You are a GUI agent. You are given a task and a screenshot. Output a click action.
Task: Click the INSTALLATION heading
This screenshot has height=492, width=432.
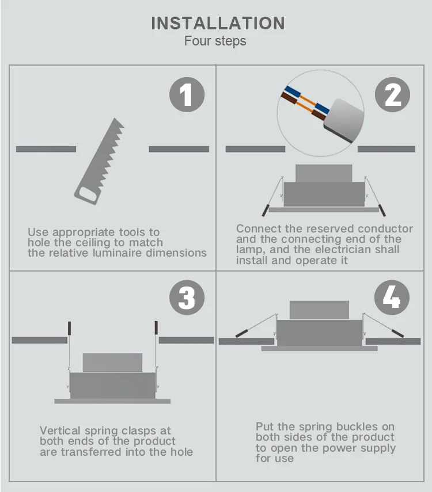click(218, 23)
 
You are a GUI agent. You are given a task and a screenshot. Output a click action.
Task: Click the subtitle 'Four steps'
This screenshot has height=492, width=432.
click(215, 41)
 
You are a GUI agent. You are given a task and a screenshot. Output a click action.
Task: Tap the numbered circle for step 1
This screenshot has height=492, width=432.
click(187, 94)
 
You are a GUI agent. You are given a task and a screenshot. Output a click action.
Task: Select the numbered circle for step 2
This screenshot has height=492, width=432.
click(392, 94)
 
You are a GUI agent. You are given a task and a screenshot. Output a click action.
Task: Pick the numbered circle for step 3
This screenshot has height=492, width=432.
click(187, 298)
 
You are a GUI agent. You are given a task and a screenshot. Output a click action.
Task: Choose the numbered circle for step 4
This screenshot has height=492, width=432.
click(392, 298)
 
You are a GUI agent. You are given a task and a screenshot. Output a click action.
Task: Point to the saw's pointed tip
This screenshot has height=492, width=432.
click(115, 119)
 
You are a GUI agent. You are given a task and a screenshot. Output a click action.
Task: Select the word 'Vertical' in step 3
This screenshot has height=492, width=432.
click(60, 430)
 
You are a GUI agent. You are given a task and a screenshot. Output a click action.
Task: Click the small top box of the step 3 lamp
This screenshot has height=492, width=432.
click(112, 363)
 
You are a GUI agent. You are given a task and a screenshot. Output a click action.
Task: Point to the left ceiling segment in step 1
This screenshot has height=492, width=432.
click(46, 149)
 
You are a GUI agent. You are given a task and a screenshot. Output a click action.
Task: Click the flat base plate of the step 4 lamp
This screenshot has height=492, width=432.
click(319, 348)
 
